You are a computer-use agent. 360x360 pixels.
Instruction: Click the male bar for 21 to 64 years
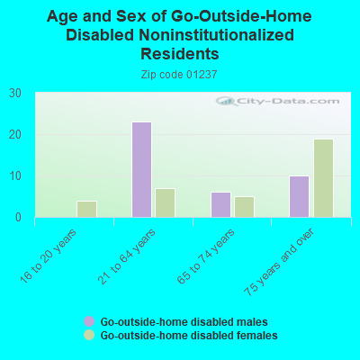tap(141, 169)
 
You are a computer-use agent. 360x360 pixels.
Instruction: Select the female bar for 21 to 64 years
tap(165, 202)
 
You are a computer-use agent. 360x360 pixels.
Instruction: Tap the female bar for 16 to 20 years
tap(86, 209)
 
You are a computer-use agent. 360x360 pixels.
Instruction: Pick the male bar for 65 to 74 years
tap(220, 204)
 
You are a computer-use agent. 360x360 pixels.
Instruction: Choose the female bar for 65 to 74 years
tap(244, 206)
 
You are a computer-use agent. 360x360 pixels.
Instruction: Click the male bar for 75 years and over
tap(299, 196)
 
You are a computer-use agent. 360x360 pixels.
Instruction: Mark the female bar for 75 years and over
tap(323, 178)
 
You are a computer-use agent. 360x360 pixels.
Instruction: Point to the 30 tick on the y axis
tap(15, 93)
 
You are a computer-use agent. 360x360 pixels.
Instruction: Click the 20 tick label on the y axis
tap(15, 134)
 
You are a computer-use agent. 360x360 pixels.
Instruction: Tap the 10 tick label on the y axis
tap(15, 175)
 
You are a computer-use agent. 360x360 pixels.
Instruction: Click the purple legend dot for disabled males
tap(89, 321)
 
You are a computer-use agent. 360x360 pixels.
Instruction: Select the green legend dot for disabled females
tap(89, 335)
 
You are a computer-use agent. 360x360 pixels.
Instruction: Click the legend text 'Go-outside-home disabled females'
tap(188, 335)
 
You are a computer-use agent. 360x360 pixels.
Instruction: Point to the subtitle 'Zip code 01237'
tap(180, 75)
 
